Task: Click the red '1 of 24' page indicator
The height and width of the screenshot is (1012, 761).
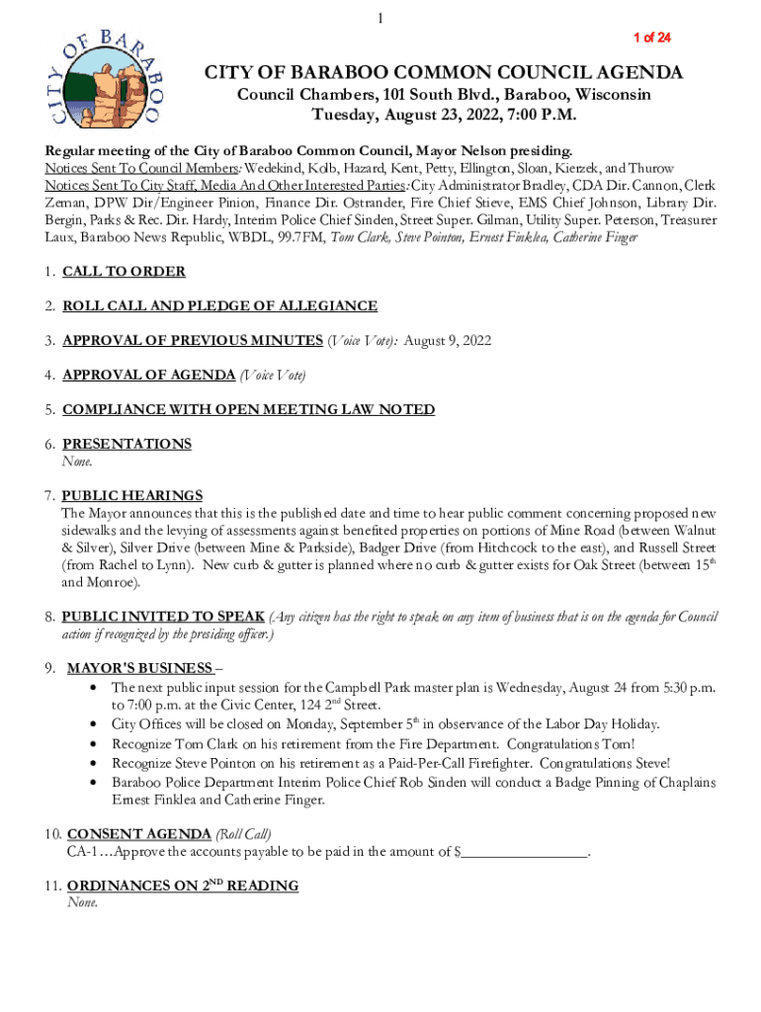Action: (651, 38)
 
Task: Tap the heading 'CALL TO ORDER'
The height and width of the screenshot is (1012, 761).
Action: (124, 272)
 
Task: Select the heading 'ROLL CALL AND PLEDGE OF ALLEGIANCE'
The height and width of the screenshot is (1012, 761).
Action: (219, 306)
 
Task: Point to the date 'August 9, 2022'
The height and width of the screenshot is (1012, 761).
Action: (448, 341)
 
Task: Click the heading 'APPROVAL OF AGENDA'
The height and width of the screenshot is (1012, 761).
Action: (148, 376)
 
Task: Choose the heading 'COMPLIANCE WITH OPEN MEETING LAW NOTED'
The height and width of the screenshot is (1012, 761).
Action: (248, 410)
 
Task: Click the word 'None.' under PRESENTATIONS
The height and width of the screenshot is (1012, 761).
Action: (77, 462)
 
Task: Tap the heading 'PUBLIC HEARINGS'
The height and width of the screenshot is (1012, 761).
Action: (131, 496)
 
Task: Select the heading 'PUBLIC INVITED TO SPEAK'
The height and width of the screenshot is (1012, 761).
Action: (163, 617)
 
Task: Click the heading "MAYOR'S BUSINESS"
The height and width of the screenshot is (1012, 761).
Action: (139, 668)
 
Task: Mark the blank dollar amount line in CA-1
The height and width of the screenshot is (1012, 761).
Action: (525, 852)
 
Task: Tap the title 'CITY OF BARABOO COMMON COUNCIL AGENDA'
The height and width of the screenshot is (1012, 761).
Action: (443, 73)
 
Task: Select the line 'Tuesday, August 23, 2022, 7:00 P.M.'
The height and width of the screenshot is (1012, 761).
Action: (444, 116)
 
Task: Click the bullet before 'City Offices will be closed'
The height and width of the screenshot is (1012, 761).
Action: (92, 724)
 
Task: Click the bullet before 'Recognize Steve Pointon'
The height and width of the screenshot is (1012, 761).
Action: (92, 764)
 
